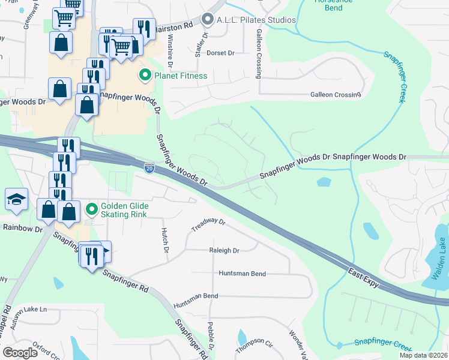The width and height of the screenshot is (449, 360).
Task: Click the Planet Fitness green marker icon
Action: [145, 76]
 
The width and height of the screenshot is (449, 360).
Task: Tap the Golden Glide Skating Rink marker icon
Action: [92, 209]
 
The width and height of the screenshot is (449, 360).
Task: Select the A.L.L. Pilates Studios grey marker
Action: [208, 20]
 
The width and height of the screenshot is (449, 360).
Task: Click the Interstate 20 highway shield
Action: [149, 168]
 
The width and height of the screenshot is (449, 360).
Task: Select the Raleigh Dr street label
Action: [224, 251]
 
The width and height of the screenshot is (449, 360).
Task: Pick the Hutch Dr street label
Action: [164, 239]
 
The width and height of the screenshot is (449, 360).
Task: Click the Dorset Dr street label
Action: [220, 53]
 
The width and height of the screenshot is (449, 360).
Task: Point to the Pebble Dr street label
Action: [211, 337]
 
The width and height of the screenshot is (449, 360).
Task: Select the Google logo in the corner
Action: [20, 352]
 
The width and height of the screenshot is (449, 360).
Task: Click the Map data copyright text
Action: [424, 355]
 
